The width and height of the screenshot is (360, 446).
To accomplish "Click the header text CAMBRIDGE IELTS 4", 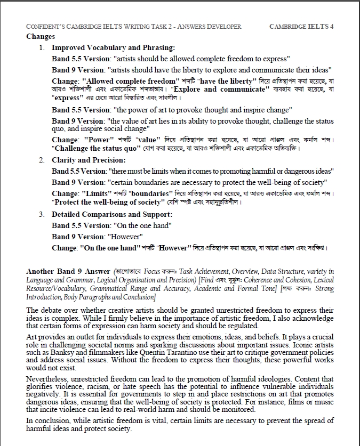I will tap(301, 26).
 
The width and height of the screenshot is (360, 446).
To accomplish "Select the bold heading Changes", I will tap(41, 37).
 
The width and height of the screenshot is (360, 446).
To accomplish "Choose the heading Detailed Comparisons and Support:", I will tap(112, 214).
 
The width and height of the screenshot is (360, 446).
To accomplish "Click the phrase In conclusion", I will tap(47, 421).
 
